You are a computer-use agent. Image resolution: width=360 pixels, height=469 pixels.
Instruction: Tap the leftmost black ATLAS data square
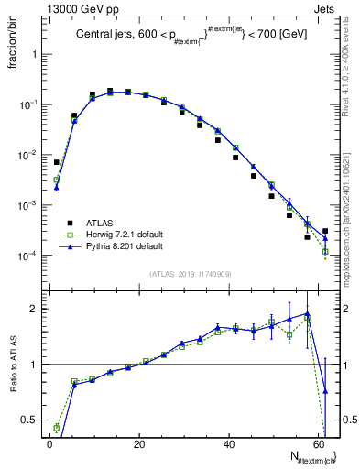coord(56,162)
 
